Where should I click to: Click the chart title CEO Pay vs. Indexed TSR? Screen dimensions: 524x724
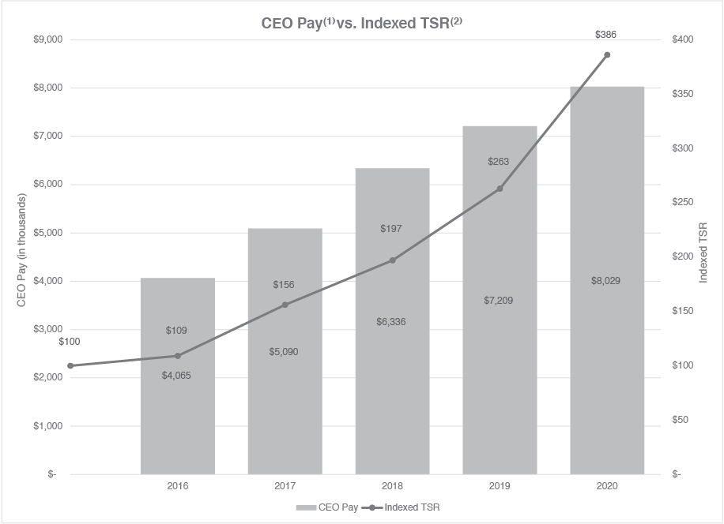(361, 23)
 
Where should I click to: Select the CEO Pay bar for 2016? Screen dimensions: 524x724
(177, 410)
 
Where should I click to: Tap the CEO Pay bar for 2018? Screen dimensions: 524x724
(392, 395)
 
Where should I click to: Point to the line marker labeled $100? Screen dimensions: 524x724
(70, 365)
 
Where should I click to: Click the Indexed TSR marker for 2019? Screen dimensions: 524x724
(500, 189)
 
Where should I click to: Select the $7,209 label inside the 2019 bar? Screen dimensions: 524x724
(500, 301)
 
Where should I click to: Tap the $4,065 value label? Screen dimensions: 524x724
(177, 376)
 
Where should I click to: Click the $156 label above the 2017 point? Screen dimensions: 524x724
(285, 284)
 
